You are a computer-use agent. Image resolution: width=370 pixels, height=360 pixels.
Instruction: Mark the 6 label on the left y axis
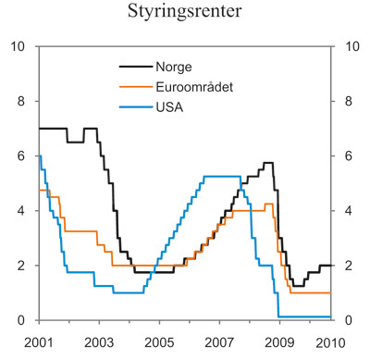click(x=21, y=156)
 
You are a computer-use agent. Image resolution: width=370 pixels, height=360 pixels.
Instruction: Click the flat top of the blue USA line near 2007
click(x=222, y=177)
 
